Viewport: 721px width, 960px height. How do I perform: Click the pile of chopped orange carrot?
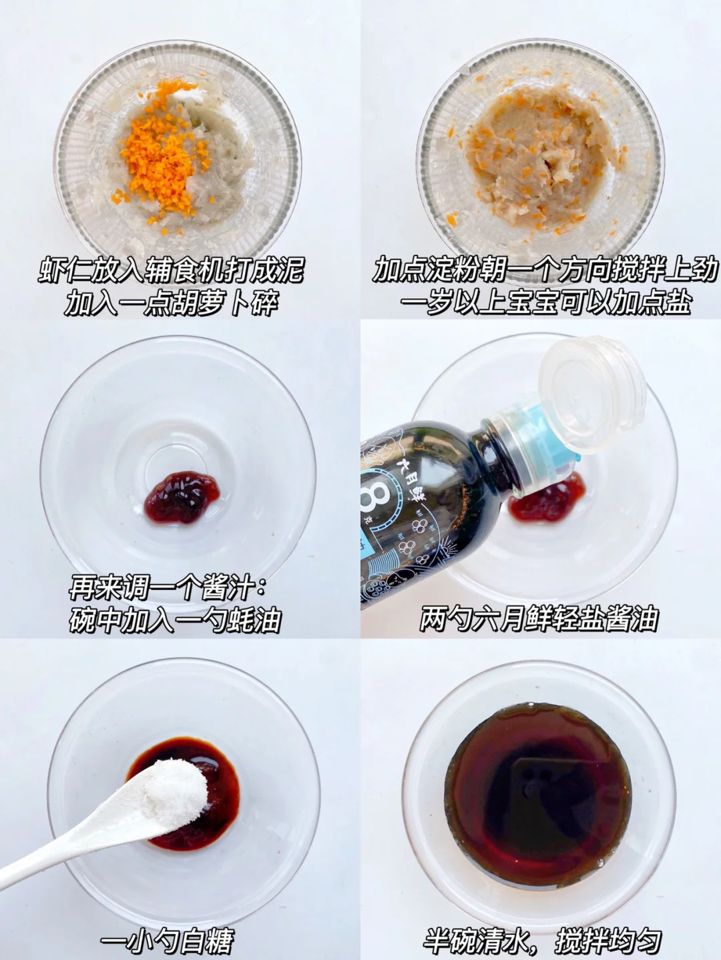[160, 153]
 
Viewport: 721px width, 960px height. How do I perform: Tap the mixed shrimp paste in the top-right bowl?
[538, 151]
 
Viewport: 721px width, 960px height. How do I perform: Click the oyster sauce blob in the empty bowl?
[181, 496]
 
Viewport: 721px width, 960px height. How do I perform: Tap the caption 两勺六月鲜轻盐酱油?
[539, 618]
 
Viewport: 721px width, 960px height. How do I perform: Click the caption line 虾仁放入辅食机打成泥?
[171, 271]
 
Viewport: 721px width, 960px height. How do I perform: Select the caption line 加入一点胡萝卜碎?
[172, 303]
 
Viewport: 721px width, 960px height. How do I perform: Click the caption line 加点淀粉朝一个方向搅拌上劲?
[545, 271]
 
